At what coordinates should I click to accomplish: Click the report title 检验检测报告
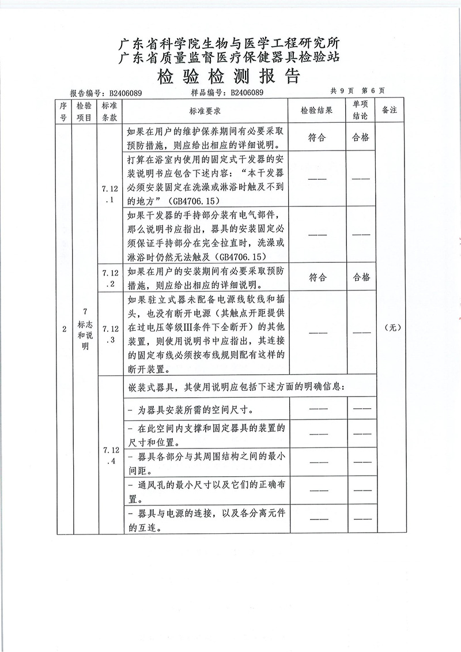230,76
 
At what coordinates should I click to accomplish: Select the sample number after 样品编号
247,92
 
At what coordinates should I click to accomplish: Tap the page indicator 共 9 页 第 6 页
357,91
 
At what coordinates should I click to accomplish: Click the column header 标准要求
206,111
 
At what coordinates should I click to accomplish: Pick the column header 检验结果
316,111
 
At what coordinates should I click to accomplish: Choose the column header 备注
390,111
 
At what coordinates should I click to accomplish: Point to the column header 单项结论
360,110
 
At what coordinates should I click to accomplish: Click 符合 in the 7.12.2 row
317,277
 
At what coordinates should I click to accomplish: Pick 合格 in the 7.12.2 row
360,277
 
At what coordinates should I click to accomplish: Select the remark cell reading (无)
390,328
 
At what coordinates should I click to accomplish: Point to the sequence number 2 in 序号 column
63,328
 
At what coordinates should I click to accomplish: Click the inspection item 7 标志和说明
85,329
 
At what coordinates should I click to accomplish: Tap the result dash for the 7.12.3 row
317,332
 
